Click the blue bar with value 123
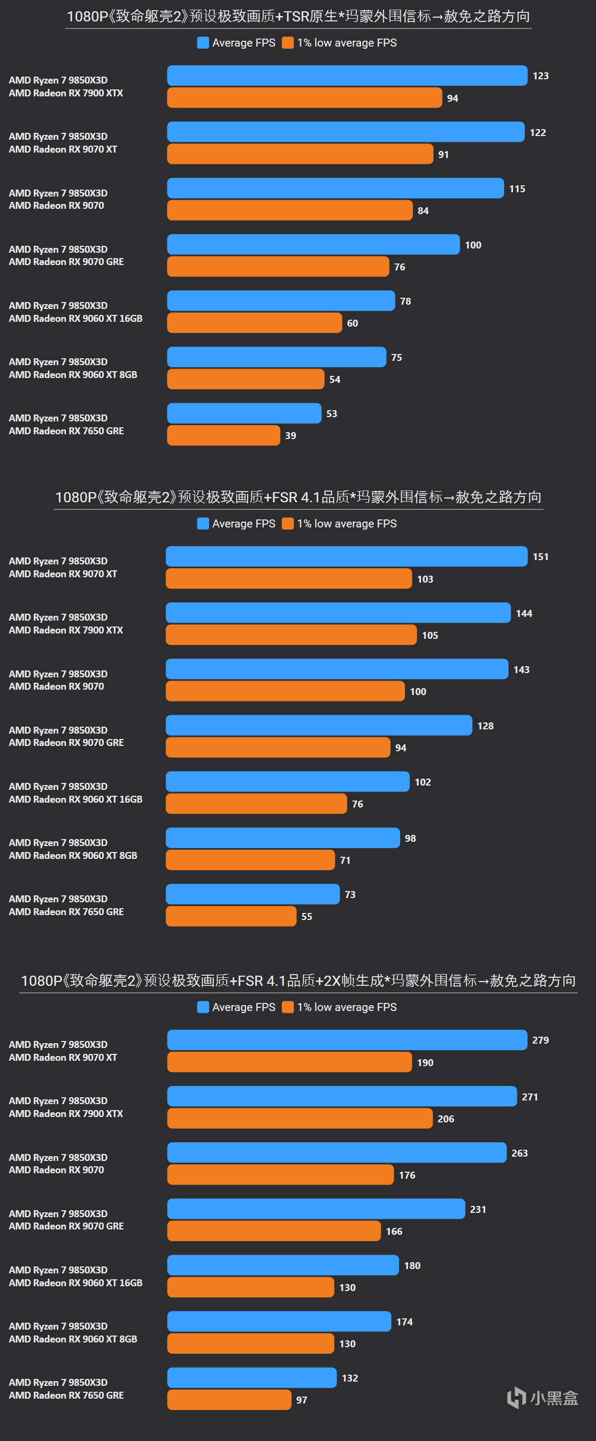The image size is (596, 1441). (347, 76)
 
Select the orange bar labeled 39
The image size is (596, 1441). (224, 435)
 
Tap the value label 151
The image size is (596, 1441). (541, 556)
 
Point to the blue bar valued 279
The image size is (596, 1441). (347, 1040)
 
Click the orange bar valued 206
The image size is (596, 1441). (300, 1118)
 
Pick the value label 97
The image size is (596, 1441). (302, 1400)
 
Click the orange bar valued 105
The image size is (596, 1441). (291, 635)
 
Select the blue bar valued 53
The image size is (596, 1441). (244, 413)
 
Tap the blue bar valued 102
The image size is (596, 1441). (288, 781)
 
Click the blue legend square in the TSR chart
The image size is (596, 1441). (203, 42)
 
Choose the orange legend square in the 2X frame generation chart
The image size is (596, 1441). (288, 1007)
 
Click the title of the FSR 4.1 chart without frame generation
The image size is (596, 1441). (298, 497)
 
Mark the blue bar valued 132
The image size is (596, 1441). (251, 1377)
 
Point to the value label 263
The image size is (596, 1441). (519, 1153)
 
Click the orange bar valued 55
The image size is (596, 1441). (231, 916)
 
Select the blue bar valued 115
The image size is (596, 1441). (335, 188)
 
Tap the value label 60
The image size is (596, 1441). (352, 323)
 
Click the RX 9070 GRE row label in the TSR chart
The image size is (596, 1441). (66, 255)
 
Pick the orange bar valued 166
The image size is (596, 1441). (274, 1231)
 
